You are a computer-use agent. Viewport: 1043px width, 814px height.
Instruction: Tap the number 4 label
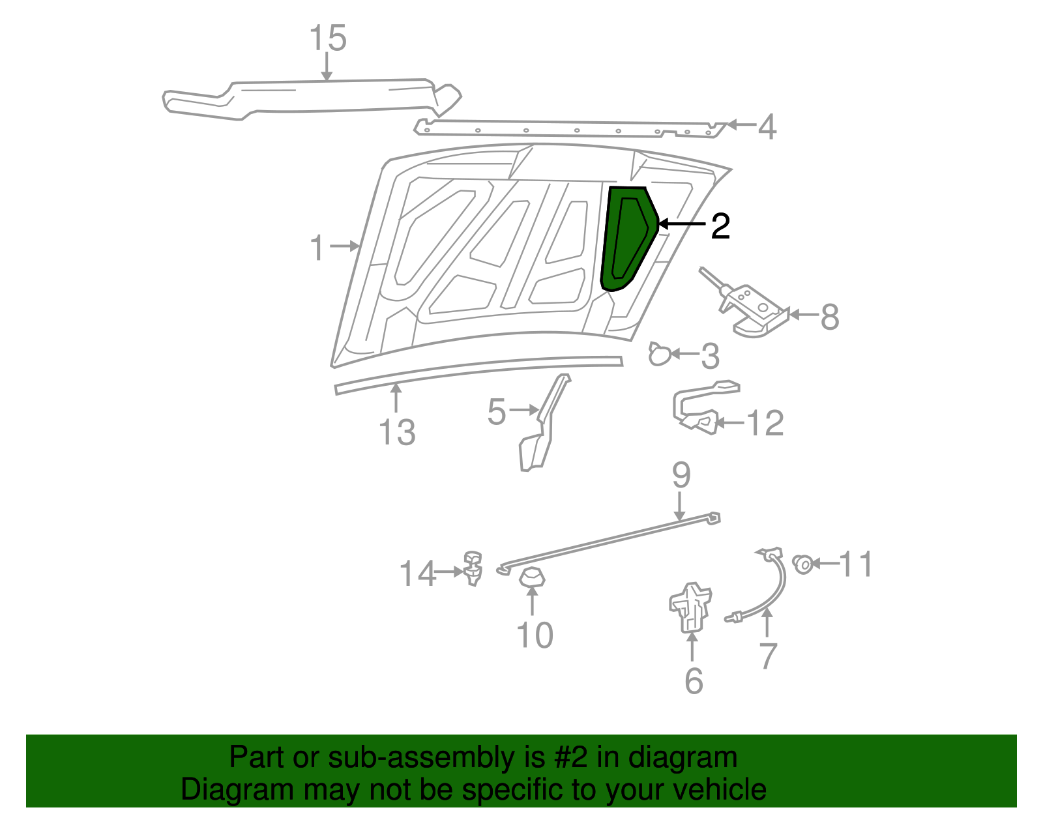[767, 126]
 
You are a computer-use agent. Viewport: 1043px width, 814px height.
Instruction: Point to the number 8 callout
[829, 317]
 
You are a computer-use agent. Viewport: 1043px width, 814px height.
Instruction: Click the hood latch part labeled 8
[750, 309]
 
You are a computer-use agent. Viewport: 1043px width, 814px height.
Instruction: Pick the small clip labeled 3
[659, 355]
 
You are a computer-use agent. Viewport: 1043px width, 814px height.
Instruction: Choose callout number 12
[765, 424]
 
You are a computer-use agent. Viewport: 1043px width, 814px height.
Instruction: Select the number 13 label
[397, 432]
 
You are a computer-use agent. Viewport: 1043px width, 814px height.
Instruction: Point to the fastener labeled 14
[473, 567]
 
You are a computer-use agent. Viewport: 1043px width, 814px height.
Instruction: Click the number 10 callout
[535, 635]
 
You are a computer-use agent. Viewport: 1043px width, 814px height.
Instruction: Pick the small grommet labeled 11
[803, 563]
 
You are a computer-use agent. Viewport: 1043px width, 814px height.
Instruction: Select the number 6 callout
[694, 681]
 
